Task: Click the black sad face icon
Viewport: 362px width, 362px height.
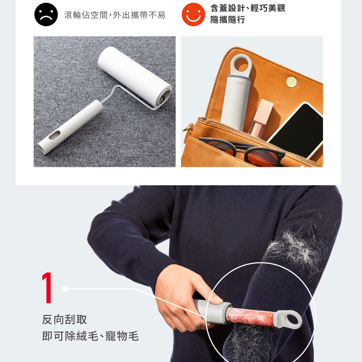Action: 46,14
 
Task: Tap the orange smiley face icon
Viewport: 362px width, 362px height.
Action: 193,14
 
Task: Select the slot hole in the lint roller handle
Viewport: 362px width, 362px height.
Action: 55,135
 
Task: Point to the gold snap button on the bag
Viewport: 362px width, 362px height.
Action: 291,82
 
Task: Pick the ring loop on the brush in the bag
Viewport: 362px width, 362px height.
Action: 241,65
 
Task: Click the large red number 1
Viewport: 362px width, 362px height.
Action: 47,287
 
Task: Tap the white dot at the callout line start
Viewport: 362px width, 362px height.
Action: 65,289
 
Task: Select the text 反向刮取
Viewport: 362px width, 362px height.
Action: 64,320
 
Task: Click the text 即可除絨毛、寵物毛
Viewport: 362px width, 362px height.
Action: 90,336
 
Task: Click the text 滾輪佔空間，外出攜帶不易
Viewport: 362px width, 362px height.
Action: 115,15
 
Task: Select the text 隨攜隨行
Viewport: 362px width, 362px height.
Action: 227,20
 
